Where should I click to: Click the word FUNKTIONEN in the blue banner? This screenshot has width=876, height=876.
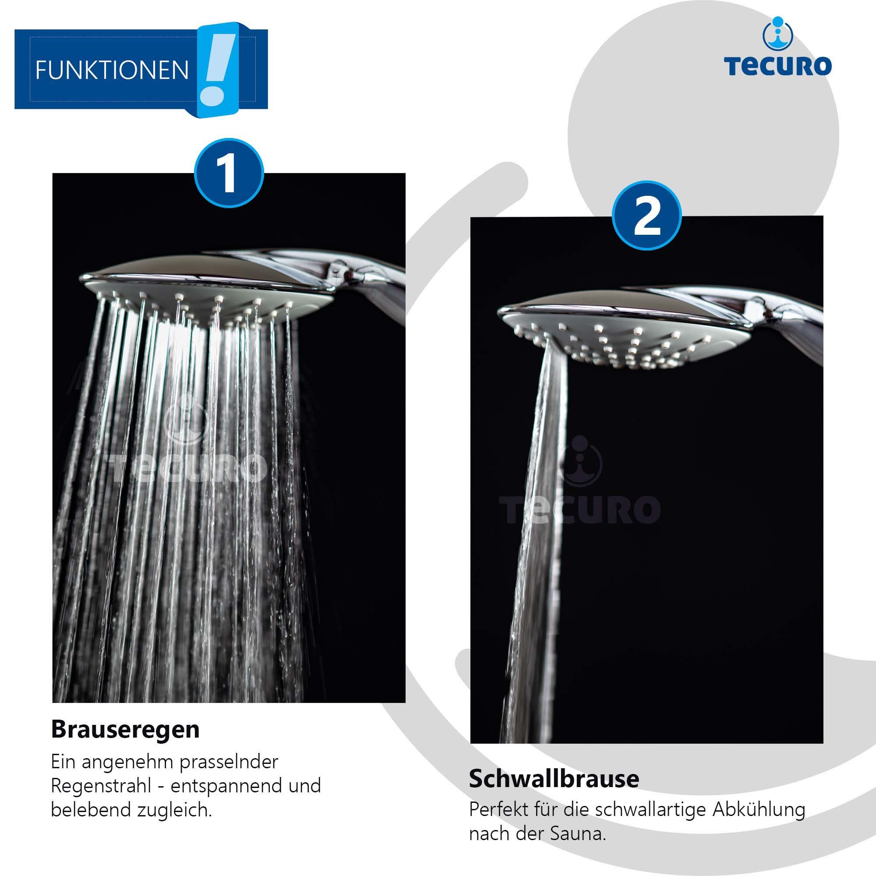[112, 71]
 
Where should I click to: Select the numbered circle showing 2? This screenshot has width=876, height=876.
[647, 215]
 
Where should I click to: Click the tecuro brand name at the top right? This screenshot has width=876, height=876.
[778, 66]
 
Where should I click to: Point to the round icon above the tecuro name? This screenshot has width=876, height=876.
[778, 33]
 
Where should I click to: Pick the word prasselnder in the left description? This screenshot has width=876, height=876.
[229, 762]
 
